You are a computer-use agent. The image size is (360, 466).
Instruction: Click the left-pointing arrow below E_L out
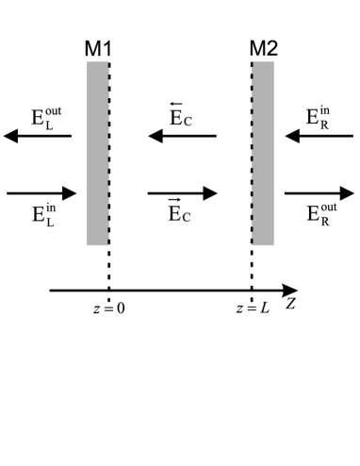pyautogui.click(x=38, y=137)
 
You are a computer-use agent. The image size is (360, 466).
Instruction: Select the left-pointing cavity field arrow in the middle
pyautogui.click(x=182, y=137)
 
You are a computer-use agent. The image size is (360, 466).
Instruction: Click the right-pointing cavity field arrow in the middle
pyautogui.click(x=182, y=193)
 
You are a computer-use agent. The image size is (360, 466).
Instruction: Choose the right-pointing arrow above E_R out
pyautogui.click(x=319, y=193)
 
